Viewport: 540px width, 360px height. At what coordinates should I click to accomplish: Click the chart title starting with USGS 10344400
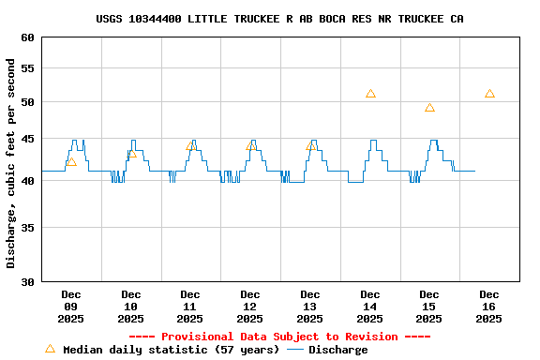pos(279,19)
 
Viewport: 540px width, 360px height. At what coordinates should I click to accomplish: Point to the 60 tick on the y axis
pos(25,37)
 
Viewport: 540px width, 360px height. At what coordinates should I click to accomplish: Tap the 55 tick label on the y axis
pos(25,68)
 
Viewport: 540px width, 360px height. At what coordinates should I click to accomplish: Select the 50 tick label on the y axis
pos(25,101)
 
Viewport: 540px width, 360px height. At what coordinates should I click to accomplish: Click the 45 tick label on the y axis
pos(25,139)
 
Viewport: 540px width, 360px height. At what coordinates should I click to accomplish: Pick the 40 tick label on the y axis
pos(25,180)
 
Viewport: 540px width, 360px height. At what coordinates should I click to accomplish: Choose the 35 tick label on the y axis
pos(25,227)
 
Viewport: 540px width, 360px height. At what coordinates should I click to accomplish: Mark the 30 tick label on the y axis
pos(25,281)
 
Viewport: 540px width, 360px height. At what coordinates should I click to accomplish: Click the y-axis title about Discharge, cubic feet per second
pos(11,163)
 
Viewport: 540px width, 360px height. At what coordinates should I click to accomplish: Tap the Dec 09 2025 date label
pos(71,307)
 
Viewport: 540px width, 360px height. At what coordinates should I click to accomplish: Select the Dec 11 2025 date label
pos(190,307)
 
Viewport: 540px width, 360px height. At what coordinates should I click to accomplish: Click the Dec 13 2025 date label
pos(310,307)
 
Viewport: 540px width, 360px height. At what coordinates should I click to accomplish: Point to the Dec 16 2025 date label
pos(489,307)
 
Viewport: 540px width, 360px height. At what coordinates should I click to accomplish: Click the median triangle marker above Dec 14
pos(370,94)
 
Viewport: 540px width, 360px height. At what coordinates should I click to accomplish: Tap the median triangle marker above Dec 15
pos(429,108)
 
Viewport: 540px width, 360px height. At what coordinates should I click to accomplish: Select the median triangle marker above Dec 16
pos(489,94)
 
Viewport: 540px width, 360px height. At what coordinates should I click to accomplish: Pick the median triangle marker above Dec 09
pos(71,162)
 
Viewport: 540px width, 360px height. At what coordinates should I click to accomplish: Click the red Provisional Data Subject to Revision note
pos(279,337)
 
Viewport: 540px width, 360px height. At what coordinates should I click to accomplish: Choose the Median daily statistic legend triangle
pos(50,349)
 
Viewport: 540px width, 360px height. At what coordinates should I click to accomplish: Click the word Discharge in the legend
pos(337,350)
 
